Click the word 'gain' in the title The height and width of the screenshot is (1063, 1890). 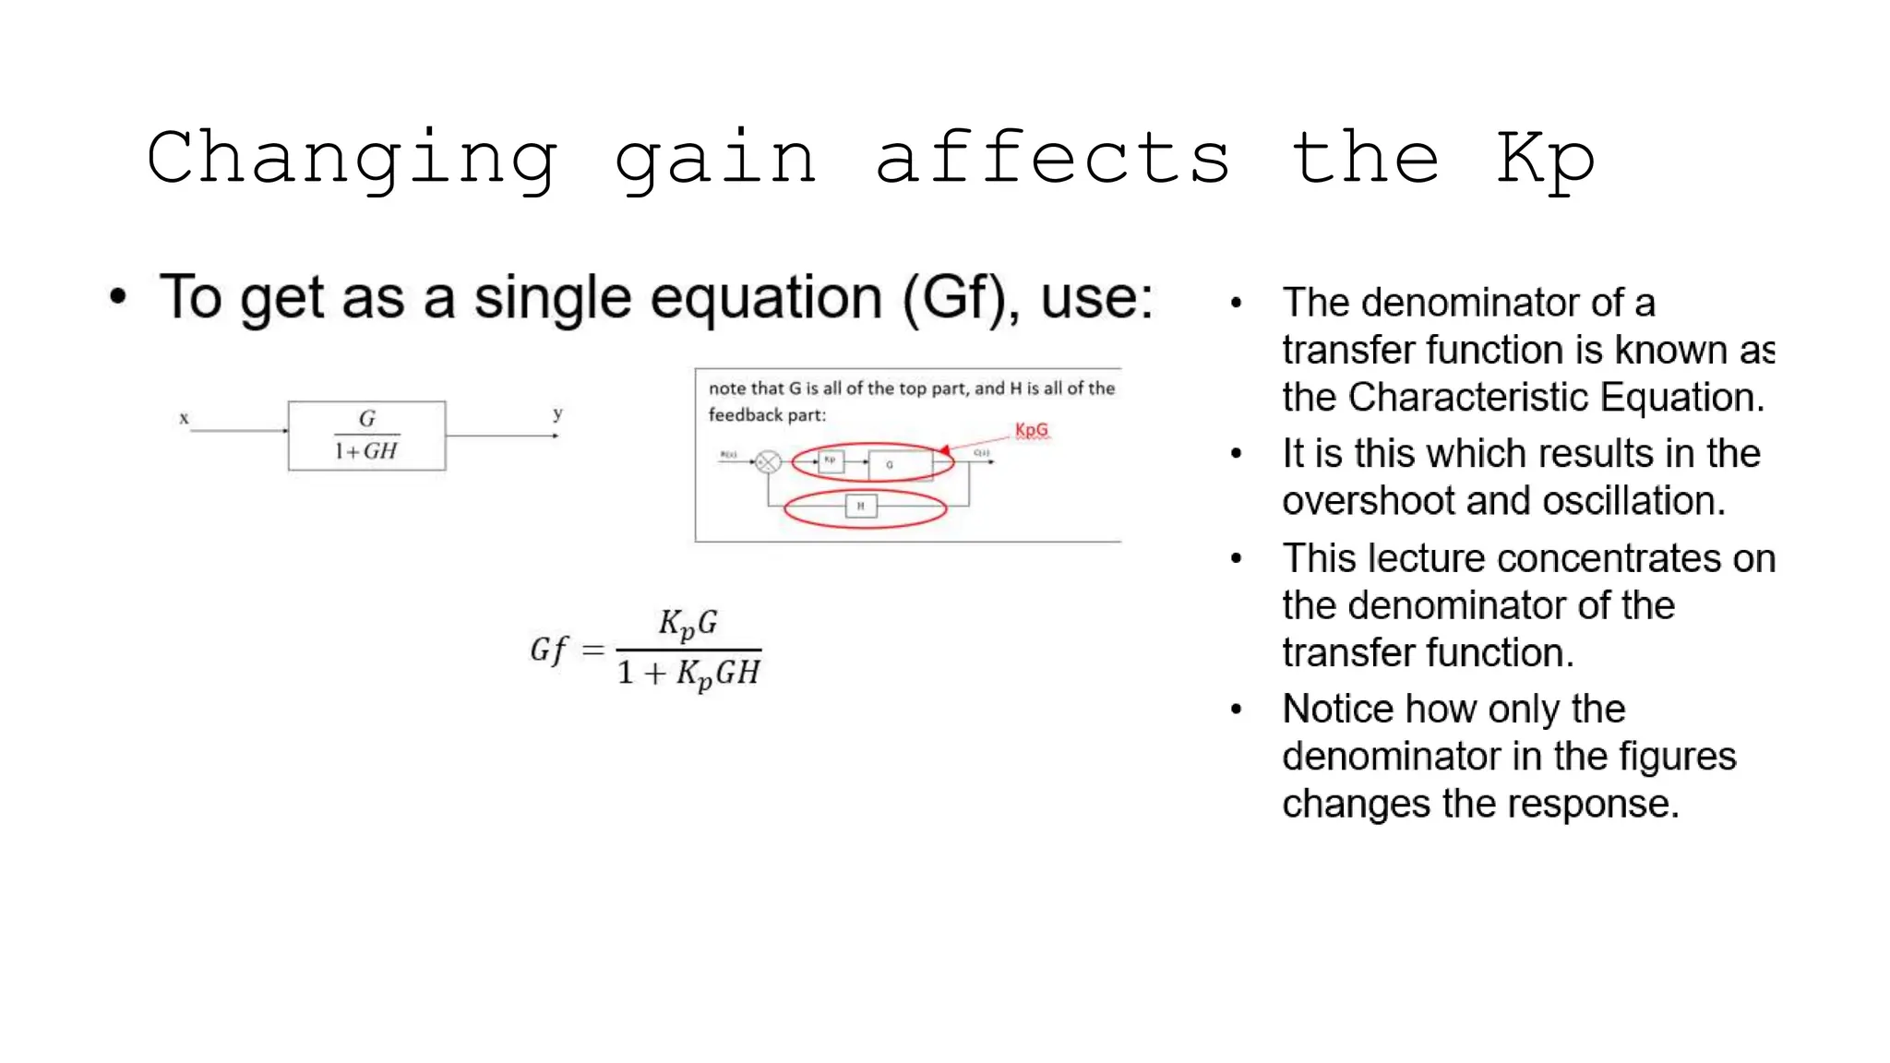click(715, 159)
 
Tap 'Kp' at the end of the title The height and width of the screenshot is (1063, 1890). click(1545, 159)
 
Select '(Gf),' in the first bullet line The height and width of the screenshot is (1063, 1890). click(960, 298)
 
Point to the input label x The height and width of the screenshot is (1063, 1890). click(184, 419)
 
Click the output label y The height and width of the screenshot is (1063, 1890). click(557, 414)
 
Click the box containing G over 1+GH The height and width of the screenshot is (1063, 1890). click(366, 436)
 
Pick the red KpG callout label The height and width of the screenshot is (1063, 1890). click(1031, 430)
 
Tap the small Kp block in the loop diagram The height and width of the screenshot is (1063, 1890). click(831, 460)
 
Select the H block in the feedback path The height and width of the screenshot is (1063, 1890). click(860, 506)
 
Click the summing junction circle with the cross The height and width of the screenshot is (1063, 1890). click(768, 461)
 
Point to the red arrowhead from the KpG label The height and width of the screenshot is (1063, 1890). click(944, 450)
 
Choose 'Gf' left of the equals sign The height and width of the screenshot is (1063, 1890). click(548, 650)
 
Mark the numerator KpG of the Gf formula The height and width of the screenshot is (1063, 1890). click(688, 624)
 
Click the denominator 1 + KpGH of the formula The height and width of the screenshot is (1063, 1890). click(688, 674)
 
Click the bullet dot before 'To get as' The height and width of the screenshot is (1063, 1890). click(117, 297)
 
